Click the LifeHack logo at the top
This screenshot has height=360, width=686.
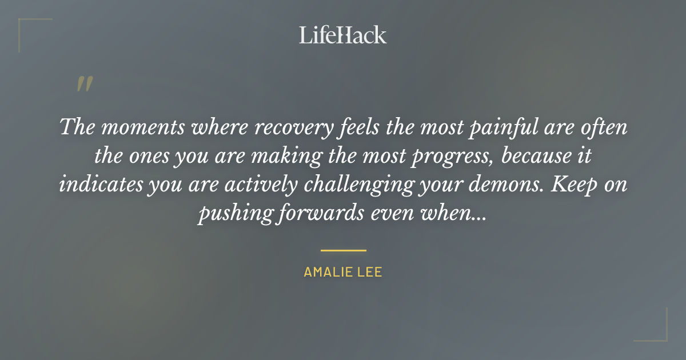[343, 35]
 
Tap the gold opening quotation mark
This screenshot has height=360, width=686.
[85, 84]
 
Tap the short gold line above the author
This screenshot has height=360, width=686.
[343, 250]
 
